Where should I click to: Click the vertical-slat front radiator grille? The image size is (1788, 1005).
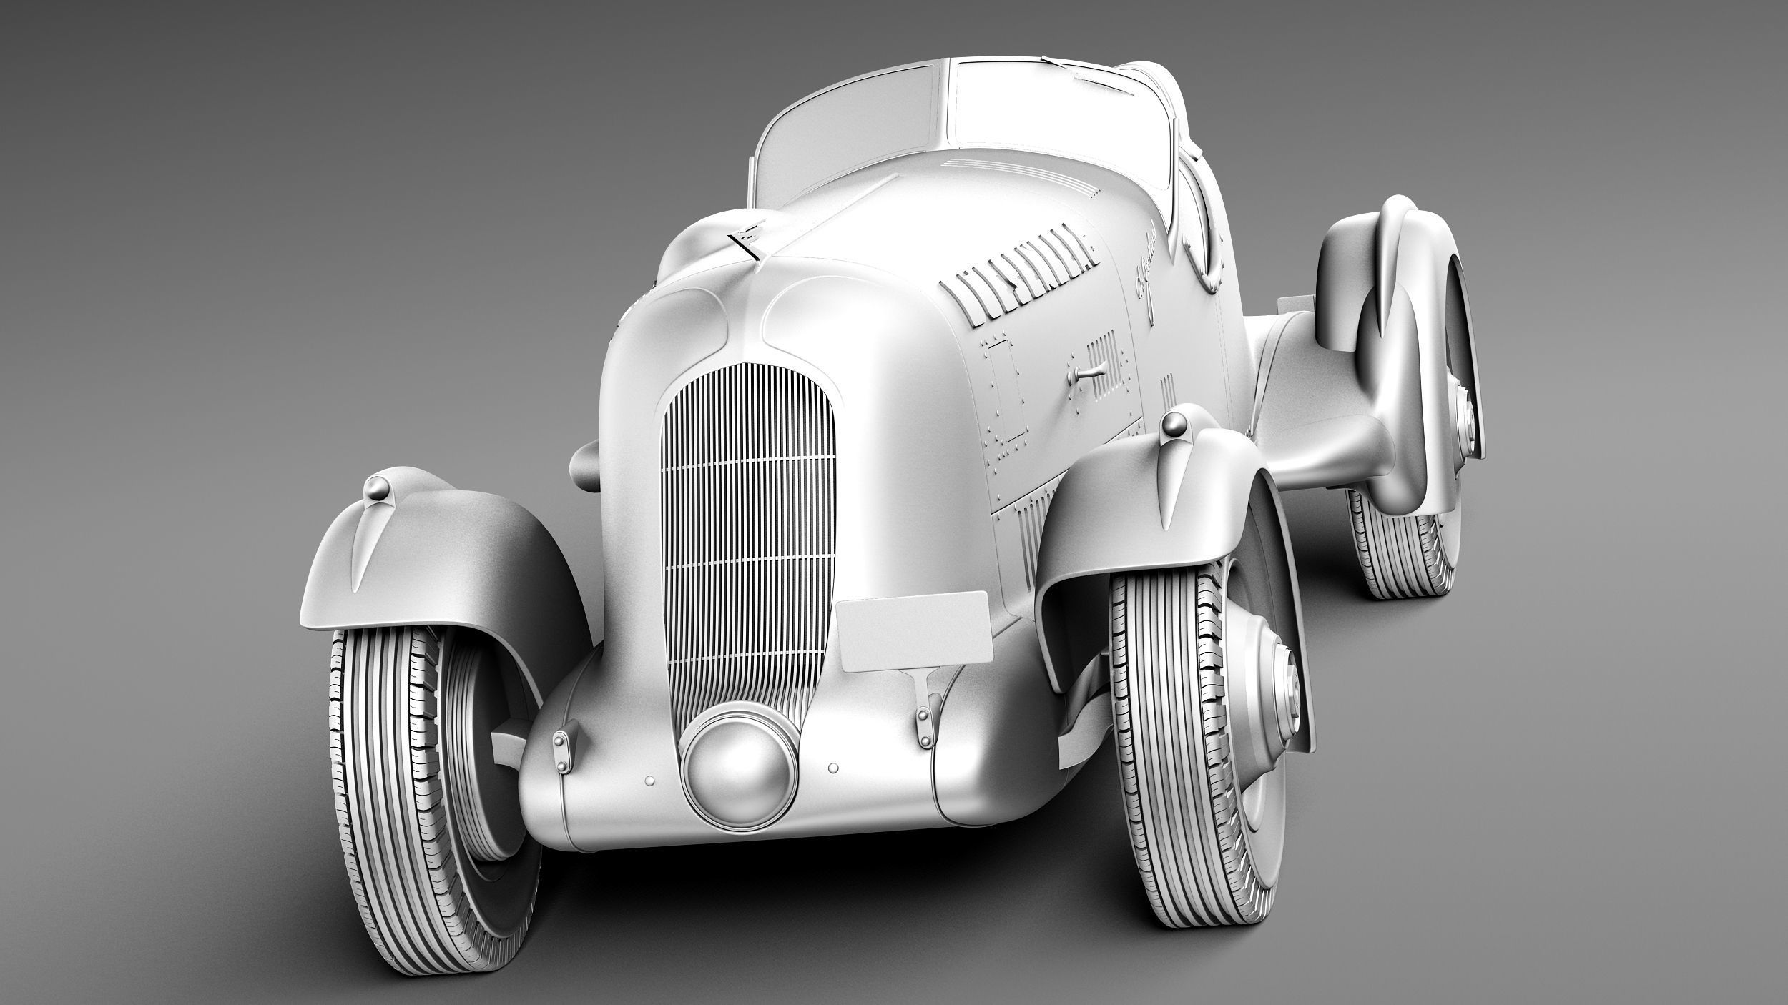pos(747,543)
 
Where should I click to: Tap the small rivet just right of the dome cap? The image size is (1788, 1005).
pos(832,768)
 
